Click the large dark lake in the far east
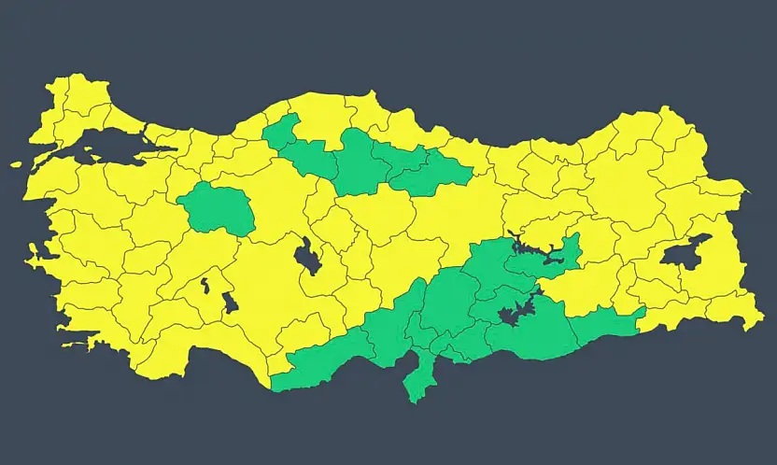click(685, 251)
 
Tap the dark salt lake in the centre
click(307, 256)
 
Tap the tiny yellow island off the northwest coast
click(16, 164)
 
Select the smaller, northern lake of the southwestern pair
click(205, 284)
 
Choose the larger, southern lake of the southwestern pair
click(230, 303)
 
